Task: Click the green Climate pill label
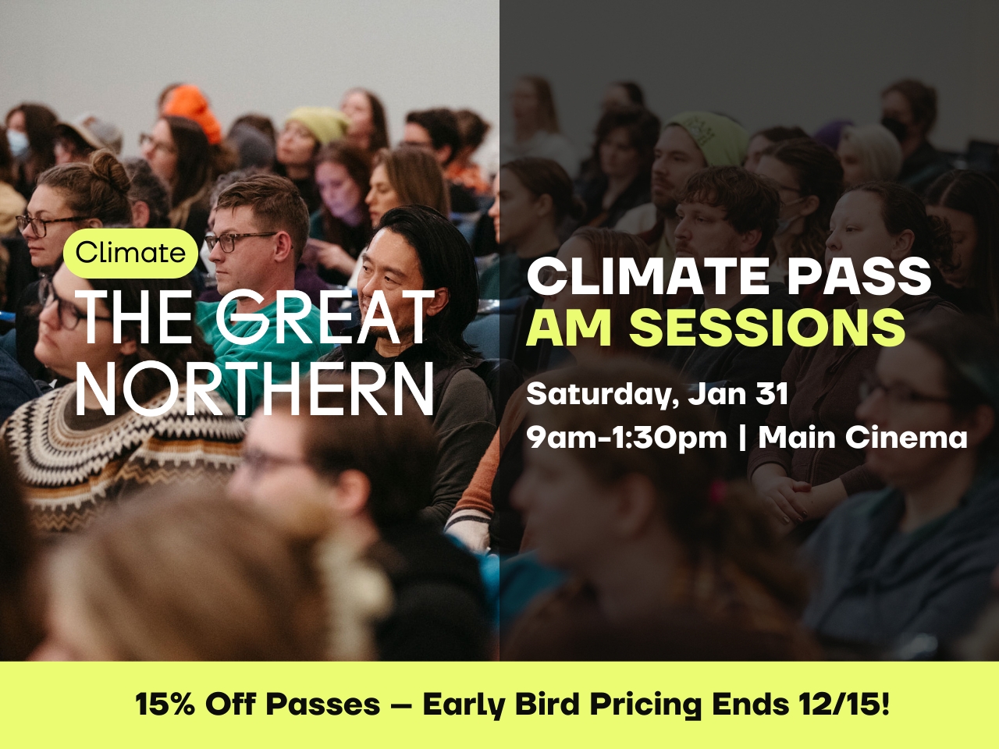(130, 253)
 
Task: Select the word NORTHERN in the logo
(255, 387)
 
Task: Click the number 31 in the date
(771, 394)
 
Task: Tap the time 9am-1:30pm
(627, 438)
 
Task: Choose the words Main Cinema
(862, 438)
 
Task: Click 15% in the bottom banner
(165, 705)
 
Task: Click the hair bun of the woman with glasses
(108, 169)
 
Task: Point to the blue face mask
(17, 143)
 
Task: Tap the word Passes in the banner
(322, 705)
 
